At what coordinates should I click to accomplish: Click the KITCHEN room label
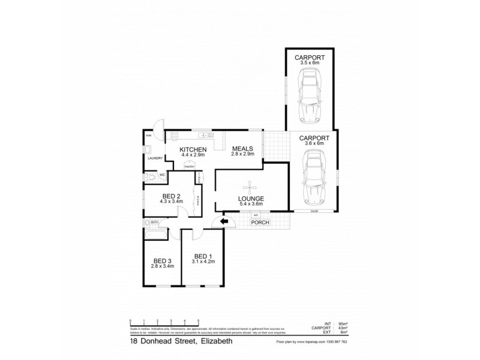193,149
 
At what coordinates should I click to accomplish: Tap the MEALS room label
242,149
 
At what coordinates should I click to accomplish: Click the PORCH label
260,223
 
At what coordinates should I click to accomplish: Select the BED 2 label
171,196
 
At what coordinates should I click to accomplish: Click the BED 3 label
162,260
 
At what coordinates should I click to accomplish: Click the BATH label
154,223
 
